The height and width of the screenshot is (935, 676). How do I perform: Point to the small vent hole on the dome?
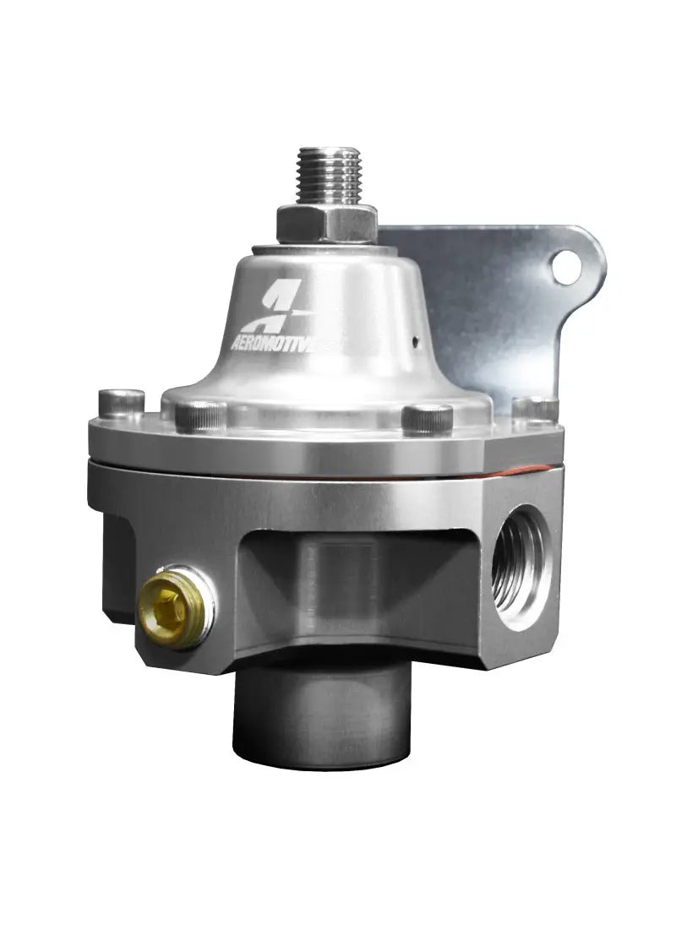(x=416, y=341)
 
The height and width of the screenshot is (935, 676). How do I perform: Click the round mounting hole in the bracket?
(x=567, y=268)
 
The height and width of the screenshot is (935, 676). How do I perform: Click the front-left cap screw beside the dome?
(x=201, y=415)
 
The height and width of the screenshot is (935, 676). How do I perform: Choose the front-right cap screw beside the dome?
(x=428, y=419)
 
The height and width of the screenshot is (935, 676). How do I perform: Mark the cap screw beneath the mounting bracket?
(x=535, y=409)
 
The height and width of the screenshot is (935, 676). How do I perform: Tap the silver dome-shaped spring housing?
(x=330, y=338)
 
